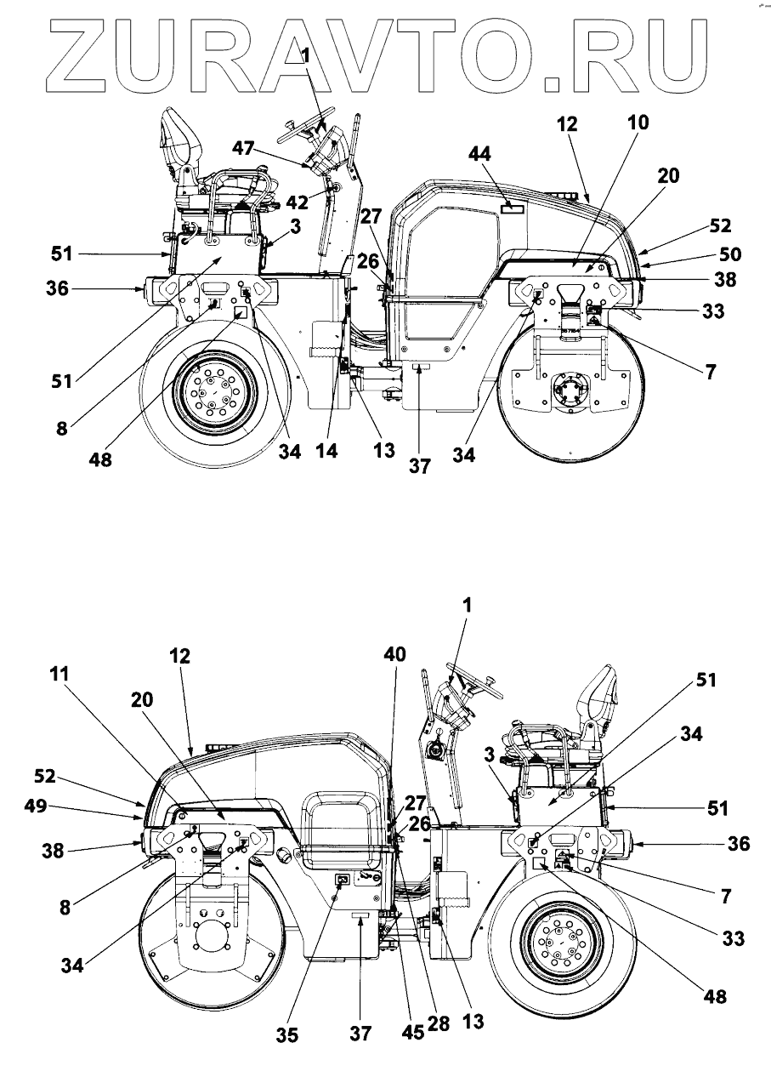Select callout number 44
pyautogui.click(x=479, y=154)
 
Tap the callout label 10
pyautogui.click(x=638, y=123)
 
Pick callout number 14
pyautogui.click(x=326, y=450)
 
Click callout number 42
pyautogui.click(x=297, y=203)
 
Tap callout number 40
pyautogui.click(x=394, y=654)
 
